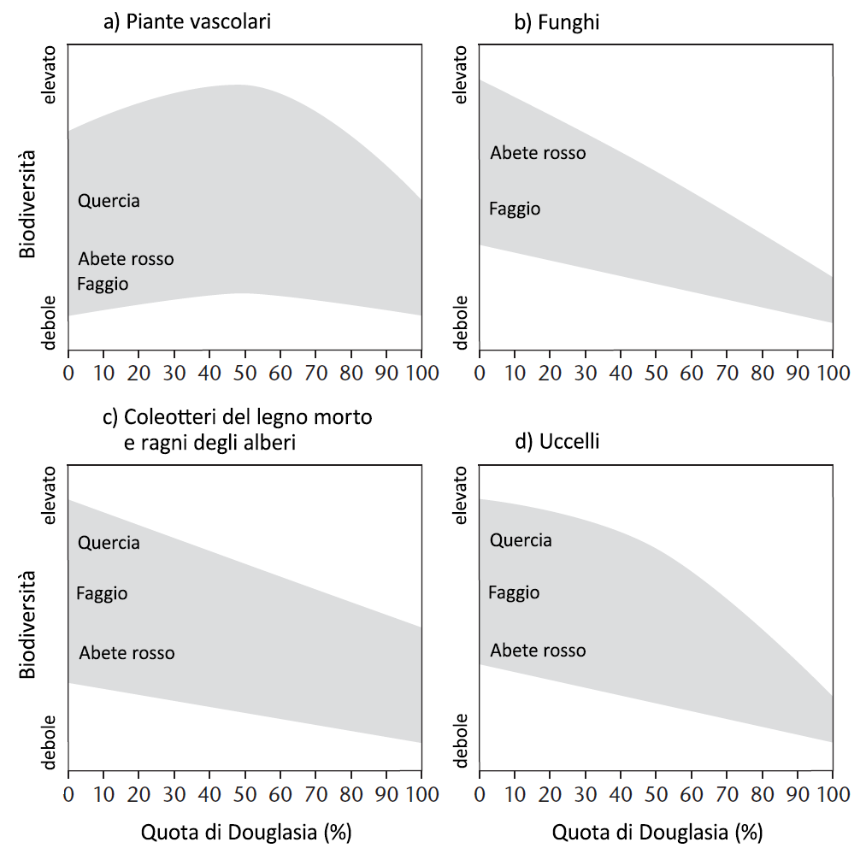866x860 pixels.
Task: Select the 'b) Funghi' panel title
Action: (557, 21)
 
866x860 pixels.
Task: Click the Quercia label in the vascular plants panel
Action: (109, 202)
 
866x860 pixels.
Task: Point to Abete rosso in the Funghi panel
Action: (538, 153)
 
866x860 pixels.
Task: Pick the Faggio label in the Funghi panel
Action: (515, 209)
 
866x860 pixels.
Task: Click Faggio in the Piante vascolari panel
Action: (103, 284)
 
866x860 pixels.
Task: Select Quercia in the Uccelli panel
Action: (521, 540)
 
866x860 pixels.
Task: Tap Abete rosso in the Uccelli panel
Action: (538, 651)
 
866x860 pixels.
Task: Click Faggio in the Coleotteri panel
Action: (102, 593)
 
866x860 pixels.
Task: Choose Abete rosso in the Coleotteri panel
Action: (127, 653)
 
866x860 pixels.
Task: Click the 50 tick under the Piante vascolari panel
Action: (244, 373)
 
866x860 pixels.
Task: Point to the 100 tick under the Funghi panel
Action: (831, 373)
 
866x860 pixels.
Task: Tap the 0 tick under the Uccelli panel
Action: (480, 794)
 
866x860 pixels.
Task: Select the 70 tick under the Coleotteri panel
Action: (315, 794)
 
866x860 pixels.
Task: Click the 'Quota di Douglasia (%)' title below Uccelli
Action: (657, 832)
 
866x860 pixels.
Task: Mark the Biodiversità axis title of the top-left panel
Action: (28, 204)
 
